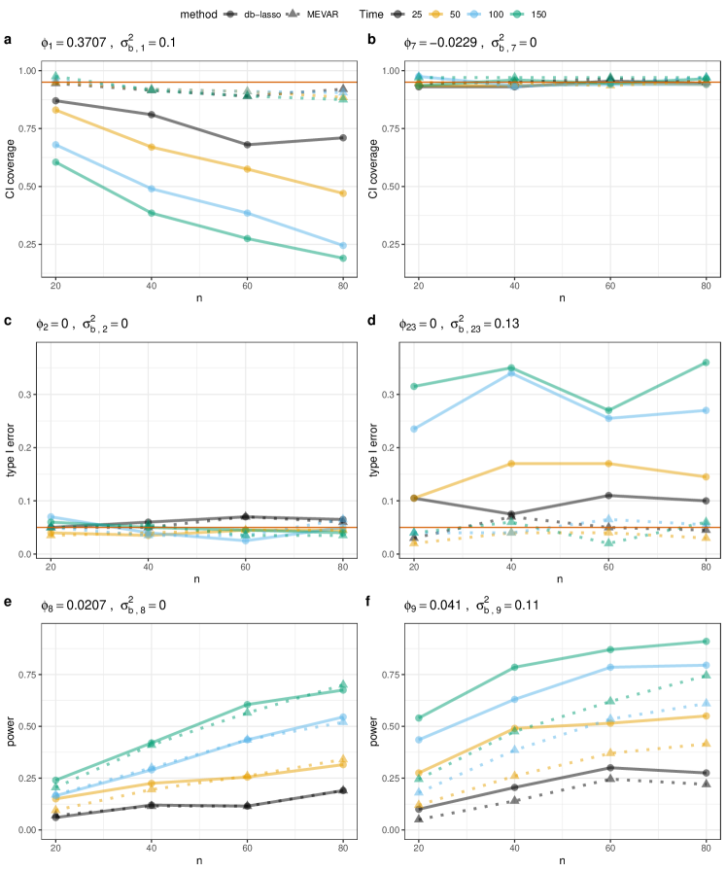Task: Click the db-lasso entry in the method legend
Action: (256, 15)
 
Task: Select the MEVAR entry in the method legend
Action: (320, 15)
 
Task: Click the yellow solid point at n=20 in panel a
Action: (55, 110)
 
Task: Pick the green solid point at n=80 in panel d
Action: (706, 363)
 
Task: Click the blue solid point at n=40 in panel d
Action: (513, 372)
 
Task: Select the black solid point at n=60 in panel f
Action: (609, 768)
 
